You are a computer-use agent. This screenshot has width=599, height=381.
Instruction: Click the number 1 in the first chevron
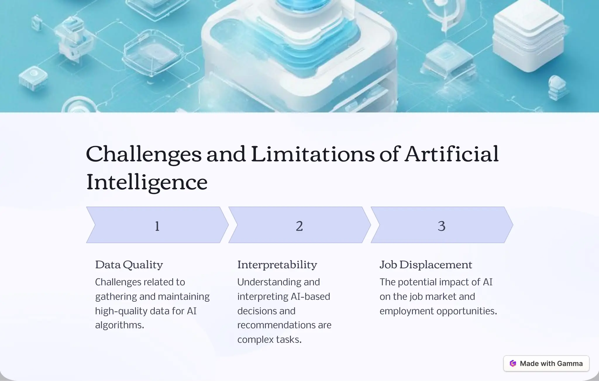(x=157, y=226)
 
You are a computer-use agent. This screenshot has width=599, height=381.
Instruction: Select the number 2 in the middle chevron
(x=299, y=226)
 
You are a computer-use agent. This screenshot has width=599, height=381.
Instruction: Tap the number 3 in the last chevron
(x=441, y=226)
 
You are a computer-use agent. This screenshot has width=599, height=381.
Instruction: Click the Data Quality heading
(x=129, y=265)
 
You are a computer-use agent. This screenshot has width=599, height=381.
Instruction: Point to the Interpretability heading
(x=277, y=265)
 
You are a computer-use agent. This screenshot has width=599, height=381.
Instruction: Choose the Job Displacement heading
(x=426, y=265)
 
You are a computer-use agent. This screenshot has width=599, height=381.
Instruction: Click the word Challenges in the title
(x=144, y=155)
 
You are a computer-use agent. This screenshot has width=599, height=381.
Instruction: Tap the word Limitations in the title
(x=312, y=154)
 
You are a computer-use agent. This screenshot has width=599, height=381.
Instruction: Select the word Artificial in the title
(x=452, y=154)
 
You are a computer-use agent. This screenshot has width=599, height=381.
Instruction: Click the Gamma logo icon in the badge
(x=513, y=363)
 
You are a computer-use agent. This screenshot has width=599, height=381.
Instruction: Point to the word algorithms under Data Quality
(x=119, y=325)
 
